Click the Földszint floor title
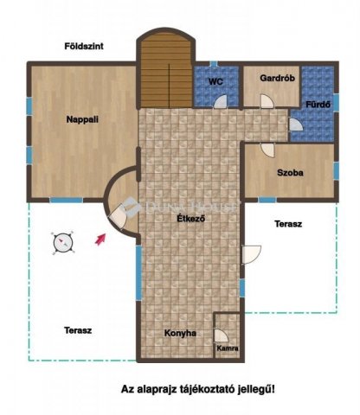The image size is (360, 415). [84, 46]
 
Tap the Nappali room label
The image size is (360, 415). [82, 119]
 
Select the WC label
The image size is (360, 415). [215, 82]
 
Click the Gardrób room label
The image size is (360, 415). [277, 78]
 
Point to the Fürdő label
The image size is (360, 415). [318, 105]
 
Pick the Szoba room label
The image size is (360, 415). [290, 173]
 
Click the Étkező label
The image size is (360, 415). [191, 219]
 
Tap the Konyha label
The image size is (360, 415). [180, 333]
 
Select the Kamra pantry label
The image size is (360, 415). [228, 348]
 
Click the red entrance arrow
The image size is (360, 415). [100, 239]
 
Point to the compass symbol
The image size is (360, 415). [63, 243]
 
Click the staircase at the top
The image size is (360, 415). [166, 70]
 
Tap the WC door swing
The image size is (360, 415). [221, 101]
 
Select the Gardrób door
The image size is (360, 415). [267, 101]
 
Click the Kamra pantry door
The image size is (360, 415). [221, 335]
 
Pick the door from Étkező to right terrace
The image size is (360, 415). [251, 254]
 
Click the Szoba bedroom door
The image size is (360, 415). [267, 150]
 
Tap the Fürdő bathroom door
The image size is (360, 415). [296, 124]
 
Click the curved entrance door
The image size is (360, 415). [118, 217]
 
